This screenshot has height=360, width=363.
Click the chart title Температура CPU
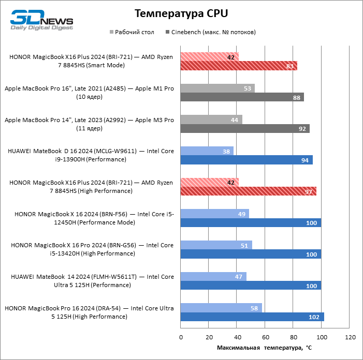(181, 13)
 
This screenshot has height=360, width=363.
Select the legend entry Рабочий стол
(134, 32)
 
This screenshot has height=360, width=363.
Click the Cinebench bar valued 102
(252, 317)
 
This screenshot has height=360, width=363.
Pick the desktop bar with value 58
(221, 308)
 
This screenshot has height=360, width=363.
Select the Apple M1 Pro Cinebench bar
(242, 97)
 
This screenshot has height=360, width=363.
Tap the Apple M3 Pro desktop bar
(211, 119)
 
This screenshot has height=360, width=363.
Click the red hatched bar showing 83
(239, 66)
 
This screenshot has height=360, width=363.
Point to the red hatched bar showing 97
(249, 191)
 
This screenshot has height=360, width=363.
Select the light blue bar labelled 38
(207, 151)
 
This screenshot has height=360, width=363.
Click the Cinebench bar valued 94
(246, 160)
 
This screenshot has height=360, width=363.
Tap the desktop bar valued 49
(214, 214)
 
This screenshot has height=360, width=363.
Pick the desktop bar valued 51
(216, 245)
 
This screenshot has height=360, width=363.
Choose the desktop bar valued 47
(213, 277)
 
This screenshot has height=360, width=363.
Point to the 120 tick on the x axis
(350, 337)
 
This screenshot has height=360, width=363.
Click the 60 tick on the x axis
(265, 337)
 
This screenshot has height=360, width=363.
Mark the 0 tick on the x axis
(181, 337)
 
